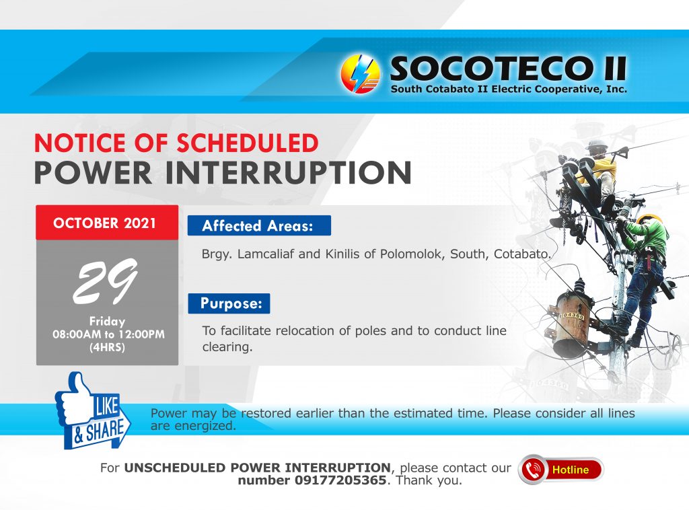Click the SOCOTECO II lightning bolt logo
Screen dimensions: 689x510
point(361,74)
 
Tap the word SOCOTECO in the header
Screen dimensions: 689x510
point(491,69)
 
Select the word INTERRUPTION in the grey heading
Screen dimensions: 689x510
point(288,173)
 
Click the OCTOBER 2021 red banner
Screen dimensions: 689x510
point(107,222)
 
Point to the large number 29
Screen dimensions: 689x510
point(106,281)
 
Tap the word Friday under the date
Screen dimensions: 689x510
point(107,321)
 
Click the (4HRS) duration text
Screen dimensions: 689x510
point(107,347)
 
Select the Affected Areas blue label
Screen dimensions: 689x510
point(259,225)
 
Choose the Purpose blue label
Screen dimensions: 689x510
point(229,303)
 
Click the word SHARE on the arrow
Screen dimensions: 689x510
point(104,430)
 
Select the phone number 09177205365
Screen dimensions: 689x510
point(340,480)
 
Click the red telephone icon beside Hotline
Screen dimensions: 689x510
point(532,470)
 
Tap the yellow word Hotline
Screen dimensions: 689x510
point(571,470)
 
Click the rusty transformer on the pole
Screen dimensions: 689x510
point(572,323)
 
